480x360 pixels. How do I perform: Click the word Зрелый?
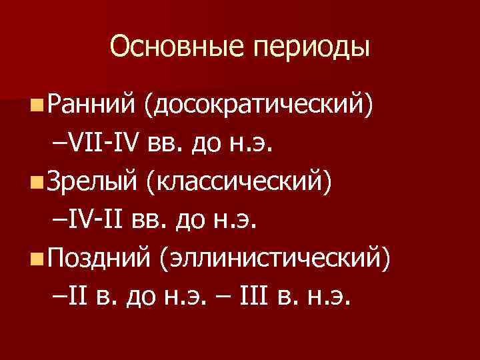point(90,181)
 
